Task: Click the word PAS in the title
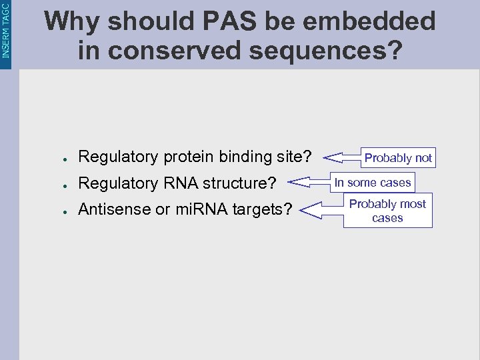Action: pyautogui.click(x=224, y=21)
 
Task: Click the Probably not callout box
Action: pyautogui.click(x=398, y=158)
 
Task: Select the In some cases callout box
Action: pyautogui.click(x=373, y=183)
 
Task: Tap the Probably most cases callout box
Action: pyautogui.click(x=387, y=211)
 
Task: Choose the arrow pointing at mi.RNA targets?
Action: pyautogui.click(x=320, y=211)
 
